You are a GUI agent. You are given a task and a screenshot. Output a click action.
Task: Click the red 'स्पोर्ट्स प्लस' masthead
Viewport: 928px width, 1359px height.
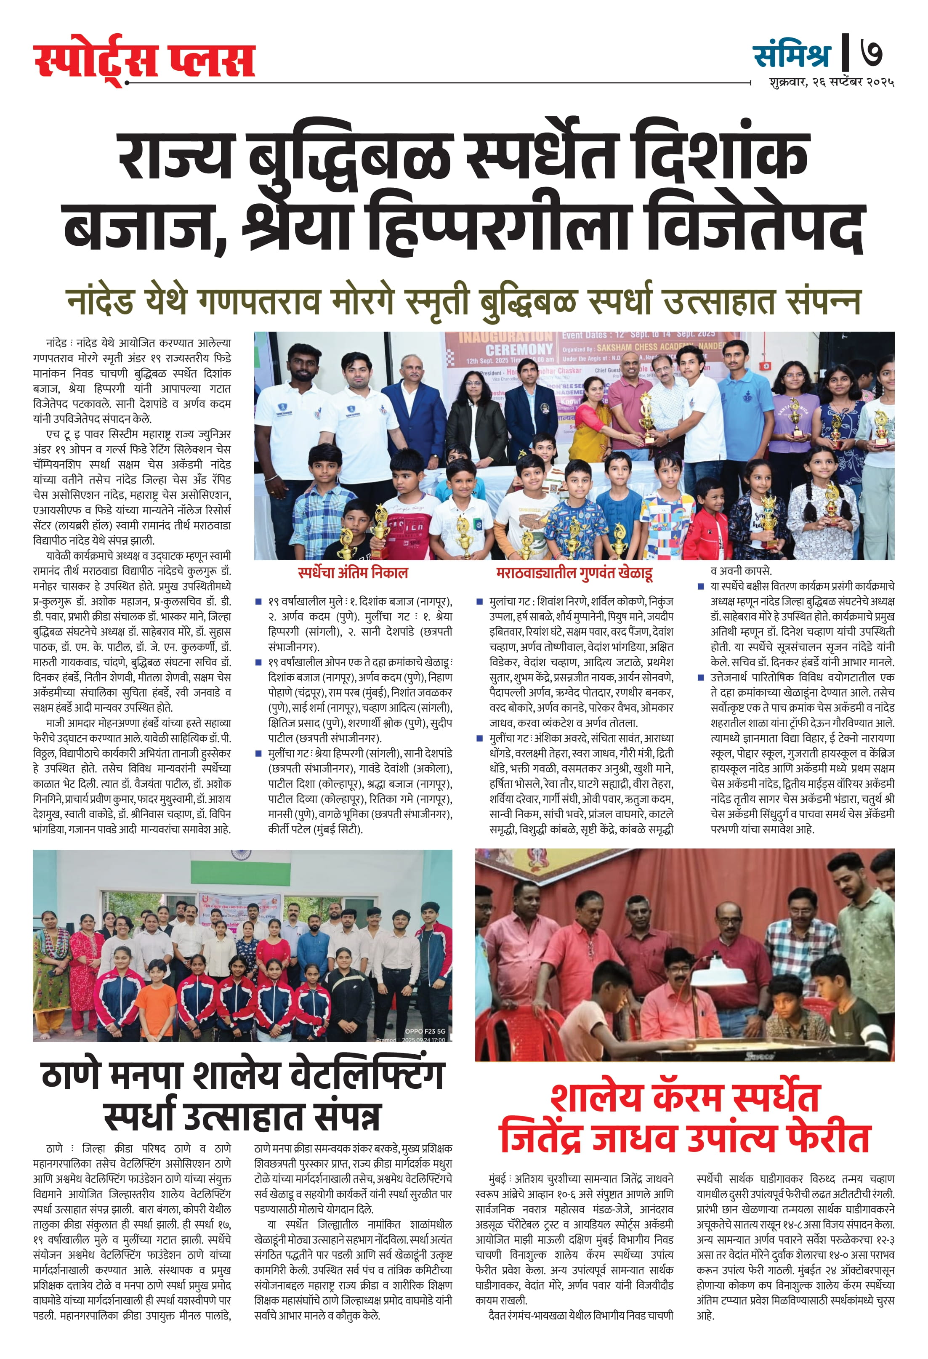coord(144,60)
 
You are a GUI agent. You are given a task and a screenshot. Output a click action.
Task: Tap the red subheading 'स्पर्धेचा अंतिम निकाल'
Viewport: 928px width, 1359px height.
coord(353,572)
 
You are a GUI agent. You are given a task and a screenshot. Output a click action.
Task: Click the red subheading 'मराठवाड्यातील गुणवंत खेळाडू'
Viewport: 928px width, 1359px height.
coord(574,572)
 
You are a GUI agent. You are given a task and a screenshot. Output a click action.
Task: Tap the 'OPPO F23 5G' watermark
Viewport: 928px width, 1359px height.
coord(425,1032)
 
